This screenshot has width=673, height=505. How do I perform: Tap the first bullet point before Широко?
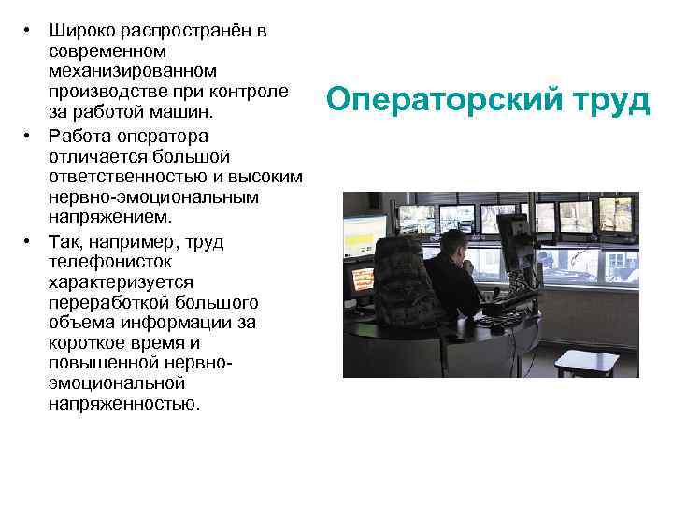pyautogui.click(x=29, y=31)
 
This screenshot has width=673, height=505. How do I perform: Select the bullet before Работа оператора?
pyautogui.click(x=29, y=136)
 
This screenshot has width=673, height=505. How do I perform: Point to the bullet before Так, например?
pyautogui.click(x=29, y=241)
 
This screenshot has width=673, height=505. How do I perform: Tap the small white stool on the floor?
pyautogui.click(x=585, y=362)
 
